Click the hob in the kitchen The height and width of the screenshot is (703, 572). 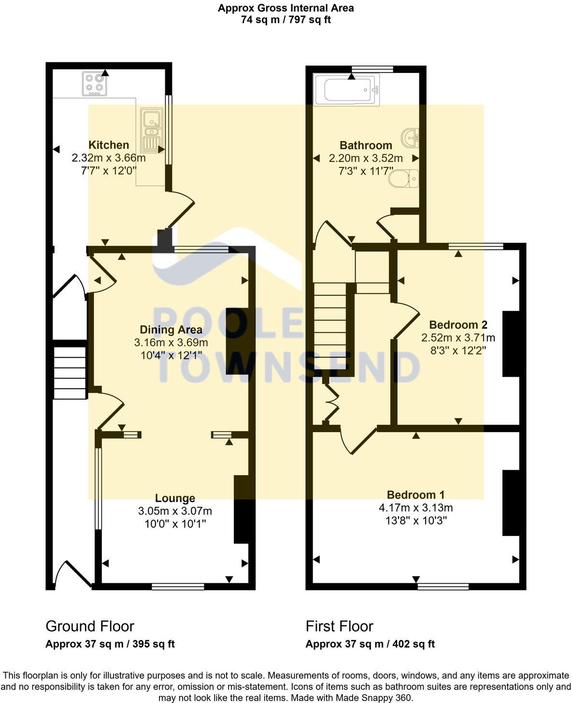click(x=95, y=83)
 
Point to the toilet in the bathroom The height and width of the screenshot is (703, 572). click(x=406, y=179)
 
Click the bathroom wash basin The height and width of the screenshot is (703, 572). click(x=410, y=138)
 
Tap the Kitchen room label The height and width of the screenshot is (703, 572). click(x=109, y=145)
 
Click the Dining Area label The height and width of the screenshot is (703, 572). click(x=171, y=330)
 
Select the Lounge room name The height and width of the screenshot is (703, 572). click(x=175, y=498)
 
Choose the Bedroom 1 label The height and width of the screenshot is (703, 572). click(x=415, y=495)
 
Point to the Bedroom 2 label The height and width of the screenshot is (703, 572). click(x=458, y=325)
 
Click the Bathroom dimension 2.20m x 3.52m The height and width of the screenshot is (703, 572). click(x=366, y=158)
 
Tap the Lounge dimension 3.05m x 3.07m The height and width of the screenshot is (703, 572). click(x=175, y=511)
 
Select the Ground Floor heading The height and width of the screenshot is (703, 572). click(x=90, y=626)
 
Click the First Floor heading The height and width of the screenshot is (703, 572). click(x=339, y=626)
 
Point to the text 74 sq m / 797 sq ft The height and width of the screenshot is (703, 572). click(x=286, y=20)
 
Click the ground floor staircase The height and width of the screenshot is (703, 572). click(x=70, y=371)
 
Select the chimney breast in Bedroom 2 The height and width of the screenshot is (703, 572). click(x=511, y=344)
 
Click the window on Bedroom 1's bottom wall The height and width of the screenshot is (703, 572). click(x=443, y=587)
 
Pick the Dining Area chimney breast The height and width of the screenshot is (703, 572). click(x=237, y=341)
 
